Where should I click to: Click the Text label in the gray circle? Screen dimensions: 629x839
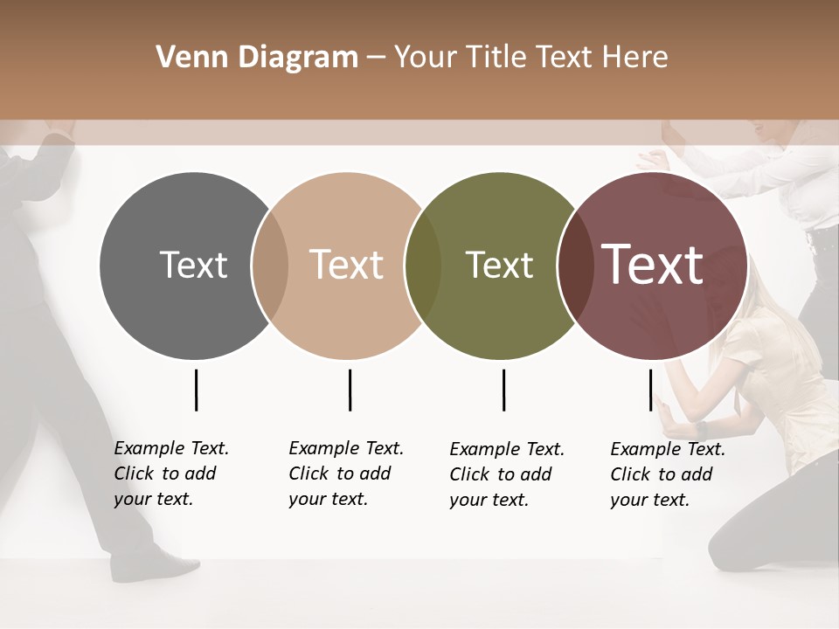[193, 265]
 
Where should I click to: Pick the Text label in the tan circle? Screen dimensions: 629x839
[346, 265]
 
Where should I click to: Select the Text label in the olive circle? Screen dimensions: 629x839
[499, 265]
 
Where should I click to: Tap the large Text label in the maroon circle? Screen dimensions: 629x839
[653, 265]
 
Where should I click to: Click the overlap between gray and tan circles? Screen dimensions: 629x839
[270, 266]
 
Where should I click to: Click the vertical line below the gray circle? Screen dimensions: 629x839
[196, 390]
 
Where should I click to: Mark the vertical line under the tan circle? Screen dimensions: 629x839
[350, 390]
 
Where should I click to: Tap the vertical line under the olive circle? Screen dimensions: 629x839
[503, 390]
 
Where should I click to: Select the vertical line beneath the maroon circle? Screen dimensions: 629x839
[650, 390]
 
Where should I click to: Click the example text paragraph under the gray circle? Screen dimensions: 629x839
[170, 473]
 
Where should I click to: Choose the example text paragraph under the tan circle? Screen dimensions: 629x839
[345, 473]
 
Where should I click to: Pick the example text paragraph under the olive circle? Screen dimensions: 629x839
[506, 474]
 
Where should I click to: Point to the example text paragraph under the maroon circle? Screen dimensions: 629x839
[667, 474]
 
